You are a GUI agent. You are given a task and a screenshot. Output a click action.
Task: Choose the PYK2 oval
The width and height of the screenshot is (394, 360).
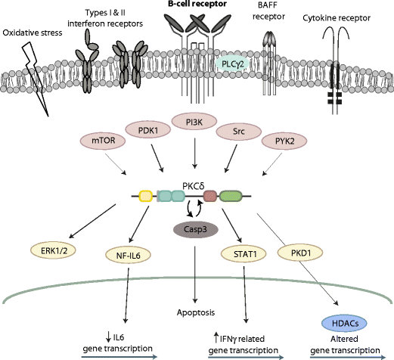point(278,141)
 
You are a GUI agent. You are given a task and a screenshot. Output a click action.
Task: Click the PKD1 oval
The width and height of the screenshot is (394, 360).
point(298,250)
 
